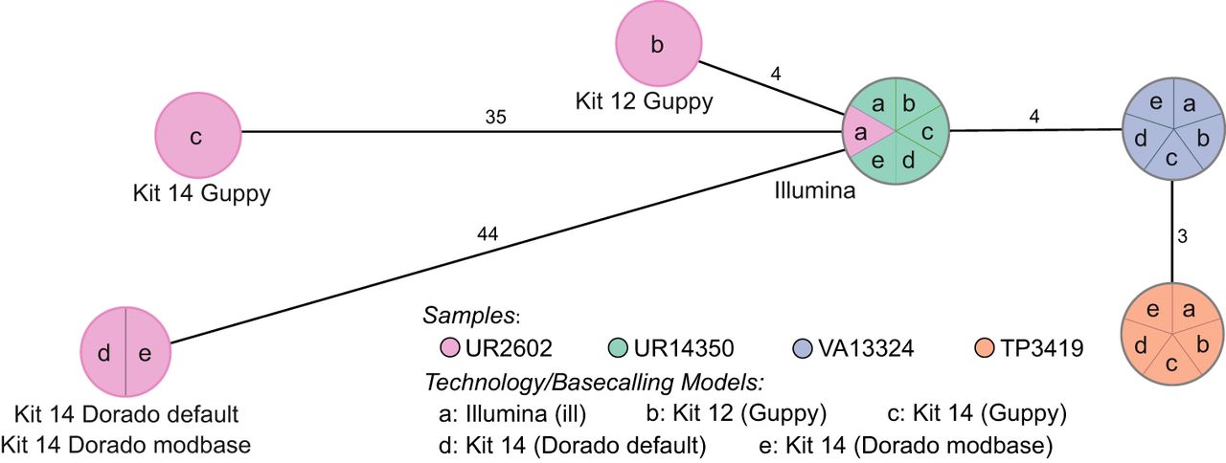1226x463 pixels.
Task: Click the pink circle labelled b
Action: click(x=656, y=45)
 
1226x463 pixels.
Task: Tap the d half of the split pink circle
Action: click(x=103, y=353)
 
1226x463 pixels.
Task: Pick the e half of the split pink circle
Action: click(x=146, y=353)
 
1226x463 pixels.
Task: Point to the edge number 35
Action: click(x=495, y=118)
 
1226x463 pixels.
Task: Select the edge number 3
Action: click(x=1182, y=235)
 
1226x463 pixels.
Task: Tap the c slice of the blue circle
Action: click(x=1172, y=159)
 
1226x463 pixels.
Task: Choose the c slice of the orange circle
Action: click(x=1172, y=362)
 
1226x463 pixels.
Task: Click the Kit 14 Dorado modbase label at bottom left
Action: click(x=126, y=444)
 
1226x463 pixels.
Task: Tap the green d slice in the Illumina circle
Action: click(x=908, y=158)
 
